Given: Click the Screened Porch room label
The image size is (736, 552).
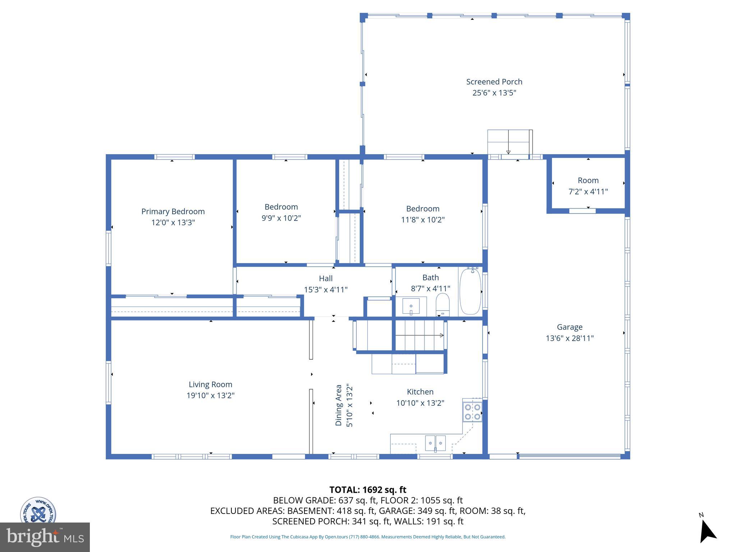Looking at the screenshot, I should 494,82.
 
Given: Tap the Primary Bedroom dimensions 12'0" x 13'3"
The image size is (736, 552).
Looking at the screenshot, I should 173,222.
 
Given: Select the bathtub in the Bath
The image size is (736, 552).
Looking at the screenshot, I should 470,291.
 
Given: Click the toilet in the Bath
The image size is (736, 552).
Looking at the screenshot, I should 442,303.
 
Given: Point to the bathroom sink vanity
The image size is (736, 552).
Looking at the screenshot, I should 411,306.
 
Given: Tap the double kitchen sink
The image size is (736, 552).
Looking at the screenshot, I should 435,443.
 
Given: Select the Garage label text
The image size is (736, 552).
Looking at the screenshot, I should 570,327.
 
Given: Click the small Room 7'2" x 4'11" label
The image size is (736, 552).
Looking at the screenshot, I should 588,180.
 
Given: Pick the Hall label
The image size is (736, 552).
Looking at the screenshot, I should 326,279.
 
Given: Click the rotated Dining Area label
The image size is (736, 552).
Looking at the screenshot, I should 339,405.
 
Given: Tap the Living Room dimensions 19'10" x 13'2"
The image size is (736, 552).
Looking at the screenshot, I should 210,396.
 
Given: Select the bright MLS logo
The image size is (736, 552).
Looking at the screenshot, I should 45,537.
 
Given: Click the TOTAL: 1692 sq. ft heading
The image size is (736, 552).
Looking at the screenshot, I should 368,490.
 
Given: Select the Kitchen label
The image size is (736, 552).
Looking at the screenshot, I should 420,392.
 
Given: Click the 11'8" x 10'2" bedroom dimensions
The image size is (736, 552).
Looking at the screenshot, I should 423,220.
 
